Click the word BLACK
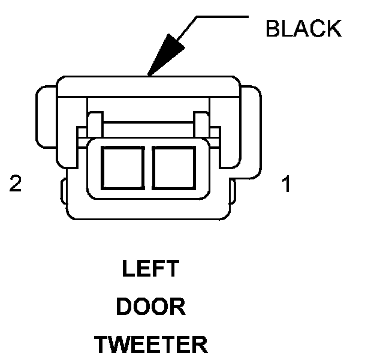pyautogui.click(x=303, y=28)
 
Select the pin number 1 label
pyautogui.click(x=287, y=184)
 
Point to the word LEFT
pyautogui.click(x=150, y=269)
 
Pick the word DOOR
pyautogui.click(x=150, y=307)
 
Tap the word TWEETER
pyautogui.click(x=150, y=345)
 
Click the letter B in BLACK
pyautogui.click(x=273, y=28)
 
